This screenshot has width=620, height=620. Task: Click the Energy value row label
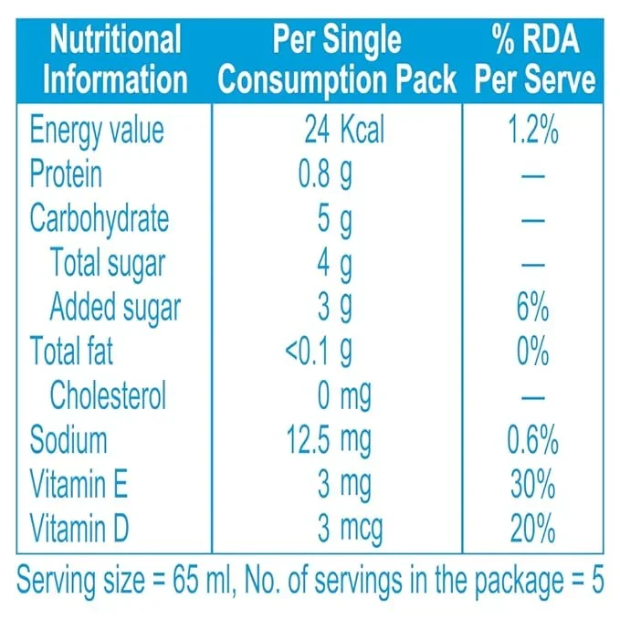[97, 130]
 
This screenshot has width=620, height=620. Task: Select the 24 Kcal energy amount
[344, 130]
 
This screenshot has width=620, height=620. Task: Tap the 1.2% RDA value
[532, 130]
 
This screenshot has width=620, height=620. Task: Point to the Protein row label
[66, 174]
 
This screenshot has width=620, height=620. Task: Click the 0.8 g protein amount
[325, 174]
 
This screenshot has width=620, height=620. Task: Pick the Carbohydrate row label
[100, 219]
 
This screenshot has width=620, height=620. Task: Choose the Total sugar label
[108, 263]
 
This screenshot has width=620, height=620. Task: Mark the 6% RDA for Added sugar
[532, 308]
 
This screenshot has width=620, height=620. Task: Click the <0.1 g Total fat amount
[319, 352]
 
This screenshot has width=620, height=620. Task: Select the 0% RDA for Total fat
[532, 352]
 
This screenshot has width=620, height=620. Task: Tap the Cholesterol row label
[108, 396]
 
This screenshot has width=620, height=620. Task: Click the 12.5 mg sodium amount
[329, 441]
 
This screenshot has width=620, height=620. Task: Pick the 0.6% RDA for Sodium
[532, 441]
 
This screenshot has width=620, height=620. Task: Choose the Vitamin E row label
[80, 485]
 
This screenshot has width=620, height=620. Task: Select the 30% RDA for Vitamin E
[532, 485]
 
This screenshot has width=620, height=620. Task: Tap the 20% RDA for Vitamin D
[532, 529]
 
